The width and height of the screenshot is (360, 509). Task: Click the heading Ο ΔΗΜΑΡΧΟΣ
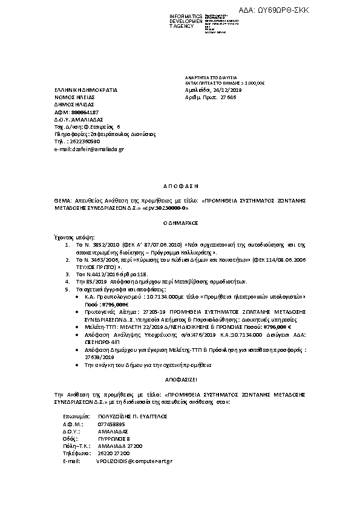pyautogui.click(x=180, y=222)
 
